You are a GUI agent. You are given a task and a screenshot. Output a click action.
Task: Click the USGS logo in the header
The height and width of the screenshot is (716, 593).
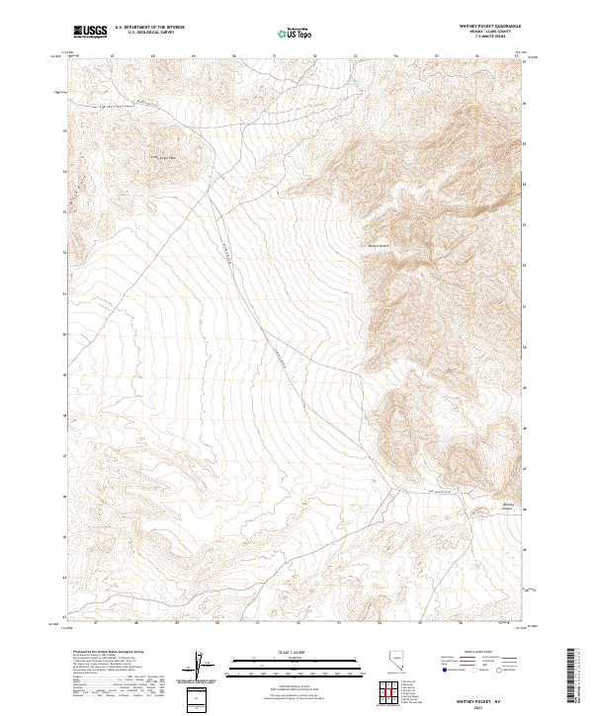tap(91, 32)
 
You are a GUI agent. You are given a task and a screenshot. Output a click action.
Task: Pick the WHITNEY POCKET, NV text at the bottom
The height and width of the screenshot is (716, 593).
tap(494, 697)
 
